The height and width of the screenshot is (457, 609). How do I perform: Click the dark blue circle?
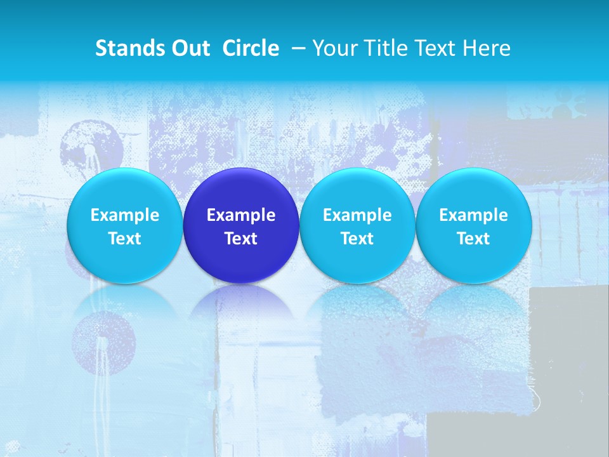[241, 225]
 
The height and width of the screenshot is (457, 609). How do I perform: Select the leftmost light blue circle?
[124, 225]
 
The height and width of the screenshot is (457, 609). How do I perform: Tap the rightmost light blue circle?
[473, 225]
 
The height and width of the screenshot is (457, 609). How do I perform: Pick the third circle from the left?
[357, 225]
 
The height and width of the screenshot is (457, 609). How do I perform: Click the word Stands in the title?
[126, 48]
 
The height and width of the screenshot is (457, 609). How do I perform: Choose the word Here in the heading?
[487, 48]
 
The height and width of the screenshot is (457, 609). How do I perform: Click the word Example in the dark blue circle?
[241, 215]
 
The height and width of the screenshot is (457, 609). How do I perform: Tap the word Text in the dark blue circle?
[241, 239]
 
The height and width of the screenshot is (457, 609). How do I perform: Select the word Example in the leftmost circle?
[124, 215]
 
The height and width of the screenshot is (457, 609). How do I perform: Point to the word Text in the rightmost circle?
[473, 239]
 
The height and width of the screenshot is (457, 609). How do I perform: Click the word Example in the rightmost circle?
[473, 215]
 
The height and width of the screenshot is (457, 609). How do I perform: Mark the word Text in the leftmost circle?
[124, 239]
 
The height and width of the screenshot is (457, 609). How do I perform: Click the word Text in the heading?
[437, 48]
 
